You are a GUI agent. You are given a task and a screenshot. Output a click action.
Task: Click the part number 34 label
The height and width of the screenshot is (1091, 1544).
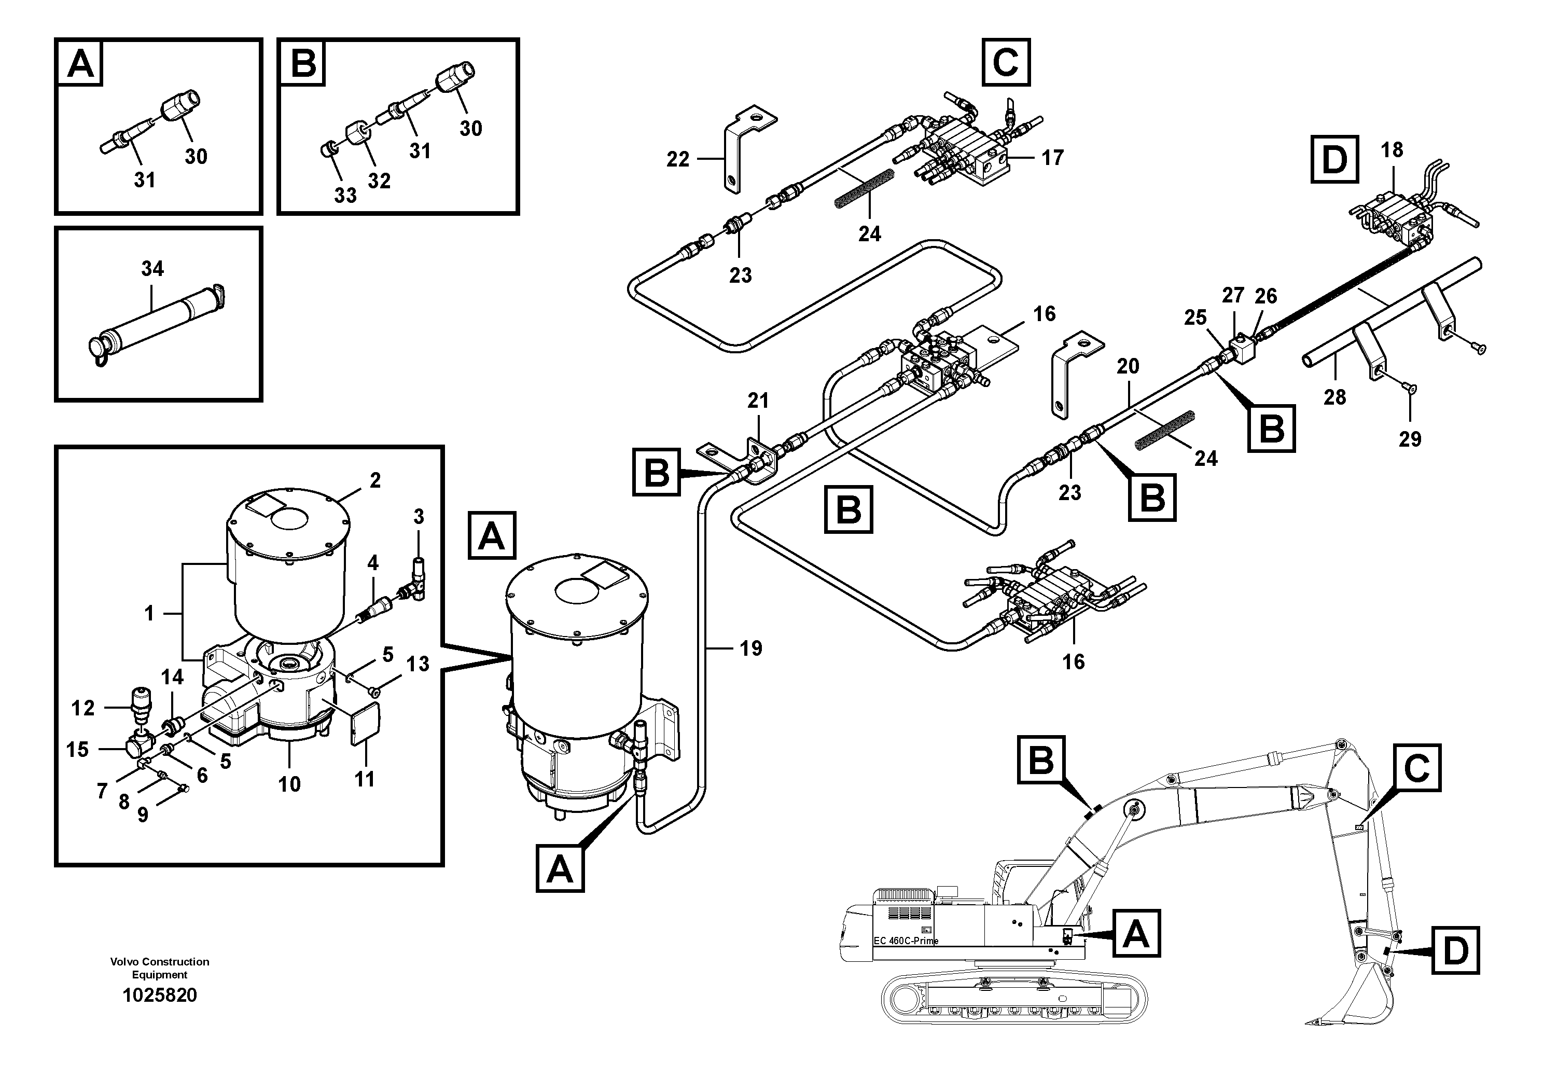tap(152, 269)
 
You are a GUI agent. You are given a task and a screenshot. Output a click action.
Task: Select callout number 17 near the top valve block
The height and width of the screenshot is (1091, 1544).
tap(1052, 158)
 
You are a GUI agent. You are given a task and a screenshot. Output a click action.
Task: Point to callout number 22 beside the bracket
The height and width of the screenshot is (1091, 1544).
tap(678, 159)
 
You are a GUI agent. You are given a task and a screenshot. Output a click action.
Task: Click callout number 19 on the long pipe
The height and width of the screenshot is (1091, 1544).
tap(750, 648)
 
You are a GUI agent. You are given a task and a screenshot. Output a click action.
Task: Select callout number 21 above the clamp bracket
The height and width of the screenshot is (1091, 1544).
tap(758, 401)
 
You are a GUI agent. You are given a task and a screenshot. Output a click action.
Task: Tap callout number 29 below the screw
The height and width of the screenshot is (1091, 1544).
tap(1410, 439)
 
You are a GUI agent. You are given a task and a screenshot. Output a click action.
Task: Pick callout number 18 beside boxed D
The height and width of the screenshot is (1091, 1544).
tap(1392, 150)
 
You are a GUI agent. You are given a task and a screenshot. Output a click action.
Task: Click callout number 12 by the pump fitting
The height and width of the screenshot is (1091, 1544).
tap(84, 708)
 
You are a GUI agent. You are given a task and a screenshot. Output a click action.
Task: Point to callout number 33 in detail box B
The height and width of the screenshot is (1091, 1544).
tap(345, 196)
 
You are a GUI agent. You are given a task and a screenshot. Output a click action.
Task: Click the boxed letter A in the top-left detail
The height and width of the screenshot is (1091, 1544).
tap(81, 64)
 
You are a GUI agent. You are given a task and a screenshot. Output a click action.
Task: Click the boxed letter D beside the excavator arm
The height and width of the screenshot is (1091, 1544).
tap(1455, 951)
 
